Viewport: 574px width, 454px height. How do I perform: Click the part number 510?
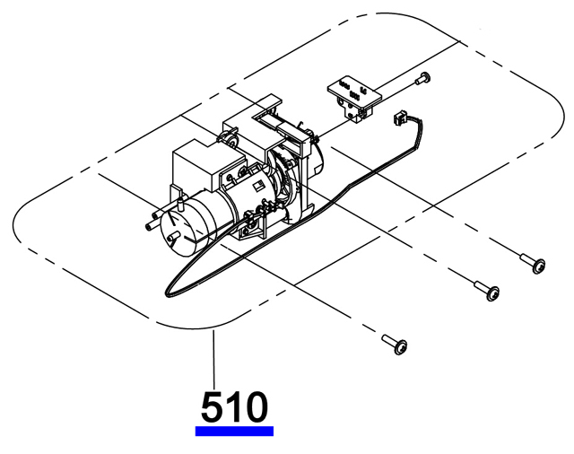[234, 406]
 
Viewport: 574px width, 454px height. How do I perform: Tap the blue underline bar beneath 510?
[234, 431]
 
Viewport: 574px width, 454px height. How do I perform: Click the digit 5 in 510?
[212, 406]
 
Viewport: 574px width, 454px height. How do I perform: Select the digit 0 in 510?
[255, 406]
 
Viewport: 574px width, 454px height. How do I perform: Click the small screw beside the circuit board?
[422, 78]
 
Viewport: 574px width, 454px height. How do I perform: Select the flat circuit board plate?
[354, 91]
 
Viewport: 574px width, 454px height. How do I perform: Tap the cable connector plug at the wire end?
[398, 118]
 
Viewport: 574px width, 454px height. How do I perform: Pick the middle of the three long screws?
[487, 290]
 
